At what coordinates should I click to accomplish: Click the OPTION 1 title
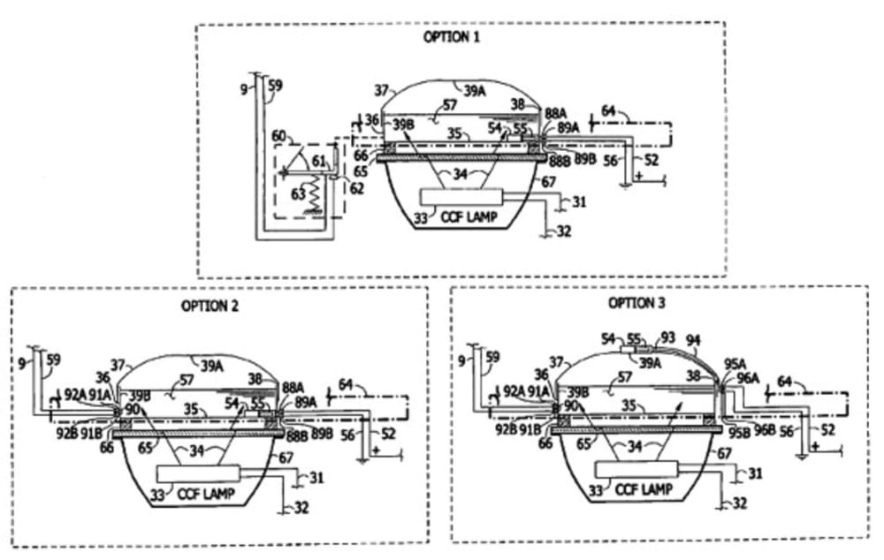(452, 37)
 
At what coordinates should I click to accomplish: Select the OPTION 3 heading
(637, 303)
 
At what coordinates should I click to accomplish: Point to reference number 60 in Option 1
(279, 136)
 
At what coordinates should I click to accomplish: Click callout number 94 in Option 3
(693, 338)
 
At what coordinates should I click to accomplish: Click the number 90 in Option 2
(132, 407)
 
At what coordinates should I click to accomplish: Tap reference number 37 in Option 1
(382, 90)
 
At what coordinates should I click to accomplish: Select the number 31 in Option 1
(578, 202)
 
